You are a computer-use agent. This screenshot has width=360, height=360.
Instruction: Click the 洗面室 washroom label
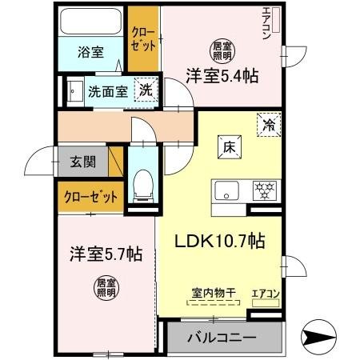click(x=108, y=90)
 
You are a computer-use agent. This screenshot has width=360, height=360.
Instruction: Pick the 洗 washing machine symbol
click(x=145, y=90)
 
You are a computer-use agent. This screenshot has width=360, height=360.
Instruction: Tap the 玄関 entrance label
click(x=83, y=162)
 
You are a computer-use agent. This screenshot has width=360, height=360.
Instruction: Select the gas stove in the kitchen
click(x=264, y=191)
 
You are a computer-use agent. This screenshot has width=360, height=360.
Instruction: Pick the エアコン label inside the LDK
click(x=266, y=294)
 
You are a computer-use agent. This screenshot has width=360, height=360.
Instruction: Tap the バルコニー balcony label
click(x=222, y=338)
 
